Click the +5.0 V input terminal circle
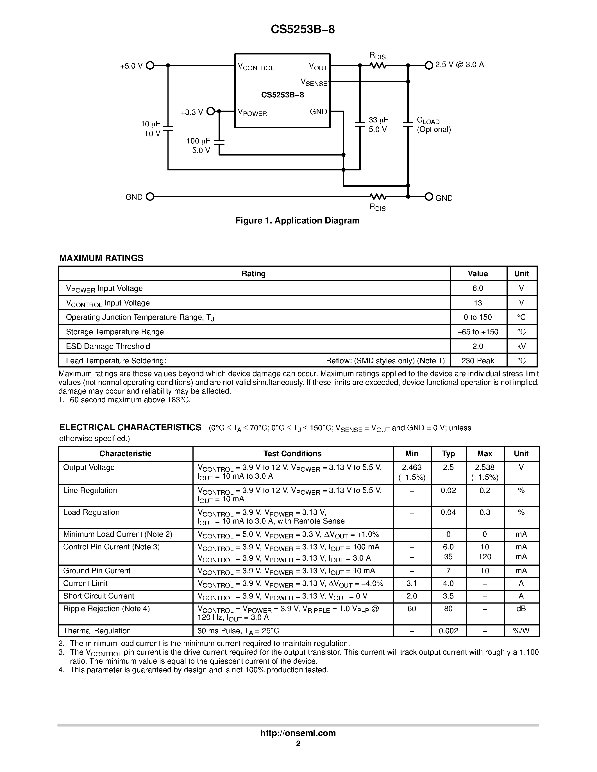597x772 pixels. pyautogui.click(x=150, y=65)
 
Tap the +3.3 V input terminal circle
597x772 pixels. pyautogui.click(x=210, y=111)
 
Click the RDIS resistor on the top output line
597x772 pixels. pyautogui.click(x=378, y=65)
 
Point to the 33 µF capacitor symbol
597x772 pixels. pyautogui.click(x=360, y=124)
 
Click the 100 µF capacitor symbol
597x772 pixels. pyautogui.click(x=219, y=142)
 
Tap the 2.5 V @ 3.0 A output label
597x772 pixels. pyautogui.click(x=459, y=65)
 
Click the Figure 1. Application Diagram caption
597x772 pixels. pyautogui.click(x=298, y=221)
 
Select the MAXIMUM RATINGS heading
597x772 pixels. pyautogui.click(x=101, y=258)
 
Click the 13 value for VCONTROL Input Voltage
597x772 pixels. pyautogui.click(x=478, y=303)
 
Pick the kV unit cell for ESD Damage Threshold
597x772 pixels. pyautogui.click(x=521, y=346)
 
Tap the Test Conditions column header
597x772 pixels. pyautogui.click(x=292, y=453)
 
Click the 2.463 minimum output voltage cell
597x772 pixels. pyautogui.click(x=412, y=467)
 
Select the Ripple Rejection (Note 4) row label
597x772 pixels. pyautogui.click(x=106, y=609)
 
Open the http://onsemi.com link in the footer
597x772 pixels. pyautogui.click(x=298, y=733)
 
